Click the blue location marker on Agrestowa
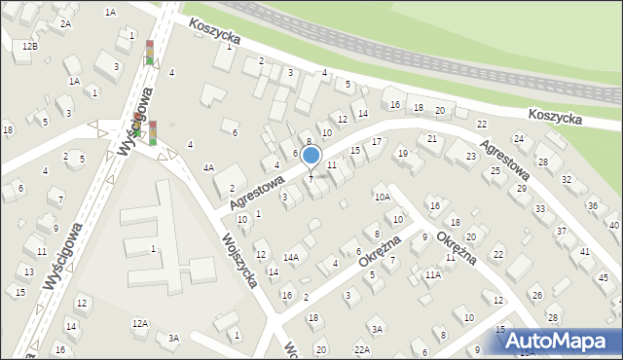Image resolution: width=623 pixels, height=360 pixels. pos(311,155)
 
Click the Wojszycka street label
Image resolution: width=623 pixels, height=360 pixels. pos(238,260)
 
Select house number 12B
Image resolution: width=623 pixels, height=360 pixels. pos(30,46)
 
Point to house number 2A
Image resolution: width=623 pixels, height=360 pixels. pos(65,23)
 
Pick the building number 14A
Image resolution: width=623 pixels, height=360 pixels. pos(290,257)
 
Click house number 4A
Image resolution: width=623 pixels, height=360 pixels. pos(208,167)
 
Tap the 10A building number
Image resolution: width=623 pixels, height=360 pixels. pos(382,197)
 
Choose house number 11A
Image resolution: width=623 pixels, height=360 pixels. pos(432,275)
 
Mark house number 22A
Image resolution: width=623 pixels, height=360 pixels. pos(362,349)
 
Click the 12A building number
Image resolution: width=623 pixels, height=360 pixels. pos(140,323)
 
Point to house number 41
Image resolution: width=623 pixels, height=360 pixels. pos(585,252)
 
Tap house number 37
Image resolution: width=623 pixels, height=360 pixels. pos(561,231)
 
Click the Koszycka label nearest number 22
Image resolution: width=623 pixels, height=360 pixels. pos(555,116)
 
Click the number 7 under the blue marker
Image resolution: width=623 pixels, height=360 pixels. pos(311,179)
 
